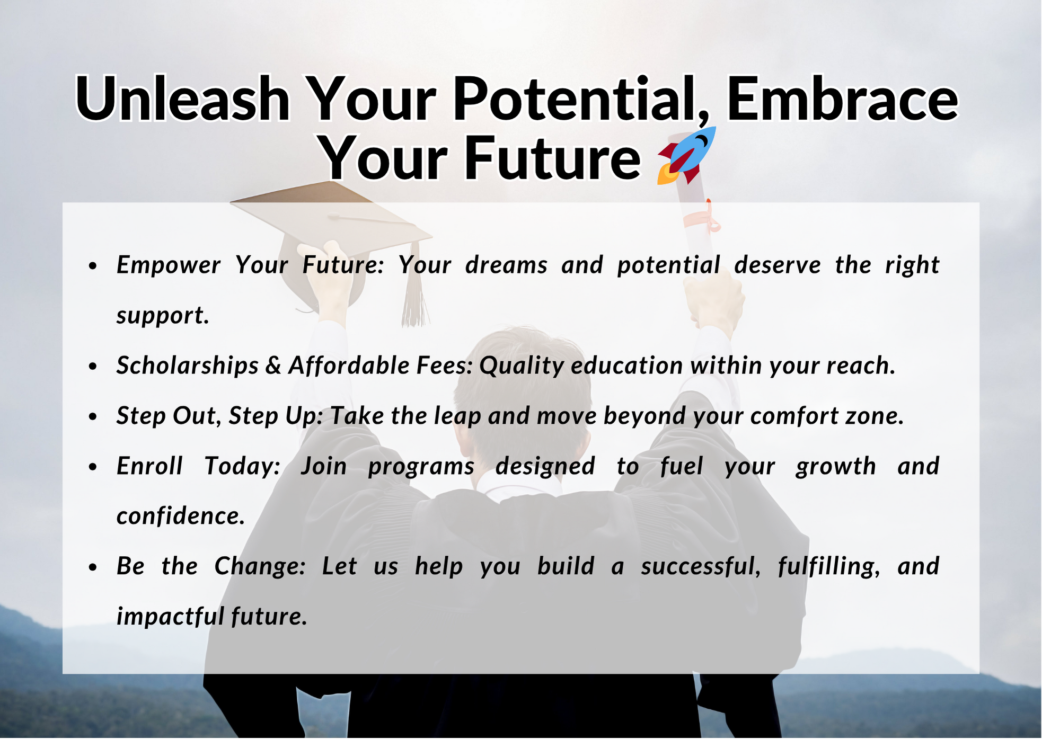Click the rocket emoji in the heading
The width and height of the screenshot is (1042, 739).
[686, 155]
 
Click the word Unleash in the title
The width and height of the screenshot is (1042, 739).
[183, 99]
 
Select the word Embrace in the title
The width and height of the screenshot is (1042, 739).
[842, 99]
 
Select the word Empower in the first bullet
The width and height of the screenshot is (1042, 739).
[168, 265]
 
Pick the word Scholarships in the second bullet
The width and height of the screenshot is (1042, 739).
[188, 366]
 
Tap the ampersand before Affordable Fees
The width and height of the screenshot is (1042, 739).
[273, 366]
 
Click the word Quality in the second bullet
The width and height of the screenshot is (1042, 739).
[522, 366]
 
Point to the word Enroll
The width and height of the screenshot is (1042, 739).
[149, 466]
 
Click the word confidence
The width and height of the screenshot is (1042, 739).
[181, 516]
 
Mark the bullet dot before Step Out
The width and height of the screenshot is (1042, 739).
[93, 417]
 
